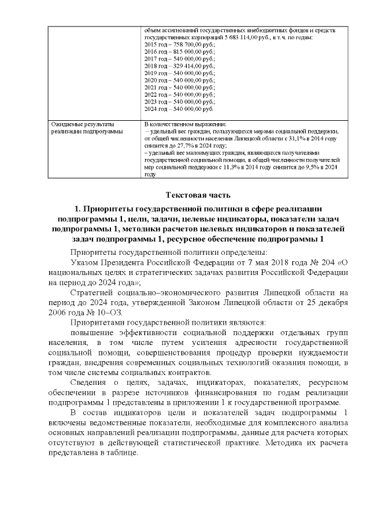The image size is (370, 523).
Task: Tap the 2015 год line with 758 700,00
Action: click(179, 44)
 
